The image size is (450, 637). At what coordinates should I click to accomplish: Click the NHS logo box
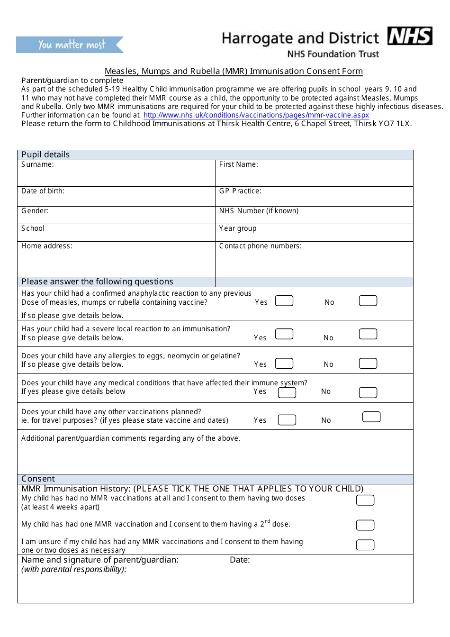[410, 36]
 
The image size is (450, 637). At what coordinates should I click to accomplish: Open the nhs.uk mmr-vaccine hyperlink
[256, 115]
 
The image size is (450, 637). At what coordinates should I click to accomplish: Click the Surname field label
[37, 164]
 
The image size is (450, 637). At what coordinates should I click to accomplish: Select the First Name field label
[238, 164]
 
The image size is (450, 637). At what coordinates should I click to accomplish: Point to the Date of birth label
[43, 191]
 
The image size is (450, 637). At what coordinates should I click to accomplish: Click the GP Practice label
[240, 191]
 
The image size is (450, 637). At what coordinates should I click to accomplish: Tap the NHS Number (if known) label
[259, 211]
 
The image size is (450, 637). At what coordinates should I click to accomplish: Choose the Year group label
[237, 228]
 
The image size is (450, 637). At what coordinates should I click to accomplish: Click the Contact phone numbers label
[260, 246]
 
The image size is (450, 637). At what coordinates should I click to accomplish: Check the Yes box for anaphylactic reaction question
[284, 301]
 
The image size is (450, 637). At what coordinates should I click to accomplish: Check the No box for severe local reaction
[368, 334]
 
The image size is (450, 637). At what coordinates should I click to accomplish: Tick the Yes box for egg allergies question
[284, 364]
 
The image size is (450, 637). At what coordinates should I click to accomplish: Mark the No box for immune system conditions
[368, 392]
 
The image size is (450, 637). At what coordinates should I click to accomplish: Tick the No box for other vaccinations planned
[371, 417]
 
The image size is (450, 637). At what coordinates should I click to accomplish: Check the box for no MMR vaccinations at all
[365, 500]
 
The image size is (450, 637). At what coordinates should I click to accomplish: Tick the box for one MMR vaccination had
[365, 525]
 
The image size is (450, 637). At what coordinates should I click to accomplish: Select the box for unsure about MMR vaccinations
[365, 545]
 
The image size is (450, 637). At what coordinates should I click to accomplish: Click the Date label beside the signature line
[240, 560]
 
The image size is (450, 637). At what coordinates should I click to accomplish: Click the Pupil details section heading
[45, 155]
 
